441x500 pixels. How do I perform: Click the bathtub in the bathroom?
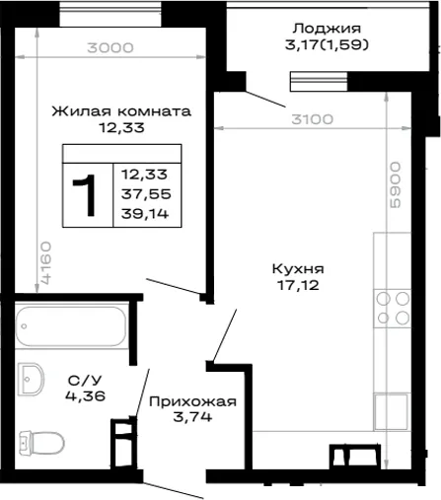(x=71, y=325)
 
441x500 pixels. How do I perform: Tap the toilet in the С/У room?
(x=41, y=443)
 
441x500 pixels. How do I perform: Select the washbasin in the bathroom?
(x=31, y=379)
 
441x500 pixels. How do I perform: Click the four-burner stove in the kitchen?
(x=393, y=309)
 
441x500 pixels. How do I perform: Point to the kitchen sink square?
(x=393, y=411)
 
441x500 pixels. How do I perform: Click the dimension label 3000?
(x=110, y=48)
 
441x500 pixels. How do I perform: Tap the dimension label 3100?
(x=312, y=119)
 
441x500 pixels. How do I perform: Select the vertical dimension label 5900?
(x=396, y=184)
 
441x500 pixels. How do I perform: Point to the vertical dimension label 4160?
(x=46, y=262)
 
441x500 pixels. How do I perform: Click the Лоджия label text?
(x=327, y=29)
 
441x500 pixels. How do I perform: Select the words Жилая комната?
(x=121, y=111)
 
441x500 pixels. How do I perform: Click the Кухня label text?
(x=298, y=269)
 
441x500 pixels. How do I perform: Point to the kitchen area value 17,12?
(x=298, y=285)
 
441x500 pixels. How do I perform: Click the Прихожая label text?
(x=192, y=401)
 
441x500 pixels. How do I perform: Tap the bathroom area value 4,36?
(x=85, y=395)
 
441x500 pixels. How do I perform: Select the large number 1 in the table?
(x=85, y=195)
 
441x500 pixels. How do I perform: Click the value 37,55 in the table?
(x=146, y=194)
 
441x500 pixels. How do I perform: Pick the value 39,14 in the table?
(x=145, y=214)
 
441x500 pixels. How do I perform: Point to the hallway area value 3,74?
(x=192, y=417)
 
